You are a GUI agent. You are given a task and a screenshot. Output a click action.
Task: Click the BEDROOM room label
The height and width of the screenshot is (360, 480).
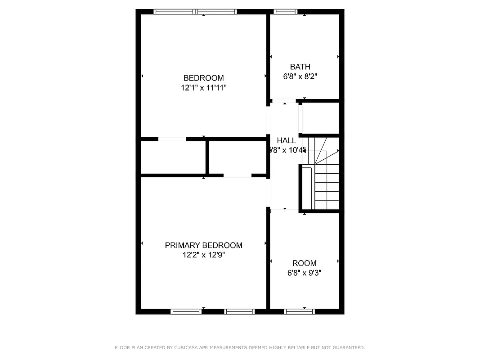(203, 78)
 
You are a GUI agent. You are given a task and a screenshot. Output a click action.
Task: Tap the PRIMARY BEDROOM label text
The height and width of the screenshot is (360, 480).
(203, 245)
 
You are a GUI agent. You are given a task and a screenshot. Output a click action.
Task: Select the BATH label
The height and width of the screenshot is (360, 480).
(300, 67)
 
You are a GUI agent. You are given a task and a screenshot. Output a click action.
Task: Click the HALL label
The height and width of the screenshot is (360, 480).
(287, 140)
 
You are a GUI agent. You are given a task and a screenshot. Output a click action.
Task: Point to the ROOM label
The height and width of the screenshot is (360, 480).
(305, 263)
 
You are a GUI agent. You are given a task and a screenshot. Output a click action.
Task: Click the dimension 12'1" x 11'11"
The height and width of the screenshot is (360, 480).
(203, 88)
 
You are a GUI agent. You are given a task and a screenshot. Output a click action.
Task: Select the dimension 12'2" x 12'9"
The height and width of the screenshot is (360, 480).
(203, 255)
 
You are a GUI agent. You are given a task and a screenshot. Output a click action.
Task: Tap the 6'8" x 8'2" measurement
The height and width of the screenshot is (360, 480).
(300, 76)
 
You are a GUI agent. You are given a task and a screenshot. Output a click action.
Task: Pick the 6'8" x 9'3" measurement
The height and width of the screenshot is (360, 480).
(305, 273)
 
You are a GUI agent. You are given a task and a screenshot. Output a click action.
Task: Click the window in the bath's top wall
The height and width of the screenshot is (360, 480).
(286, 12)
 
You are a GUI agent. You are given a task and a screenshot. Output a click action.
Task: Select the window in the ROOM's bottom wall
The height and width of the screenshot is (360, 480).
(299, 311)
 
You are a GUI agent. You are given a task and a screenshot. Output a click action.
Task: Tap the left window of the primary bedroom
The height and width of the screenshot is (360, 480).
(186, 311)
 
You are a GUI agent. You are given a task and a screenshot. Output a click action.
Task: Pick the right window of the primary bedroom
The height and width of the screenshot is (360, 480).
(239, 311)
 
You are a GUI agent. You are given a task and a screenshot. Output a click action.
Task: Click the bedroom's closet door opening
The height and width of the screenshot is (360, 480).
(172, 139)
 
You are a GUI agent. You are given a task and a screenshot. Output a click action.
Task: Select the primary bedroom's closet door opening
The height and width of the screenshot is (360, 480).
(237, 175)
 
